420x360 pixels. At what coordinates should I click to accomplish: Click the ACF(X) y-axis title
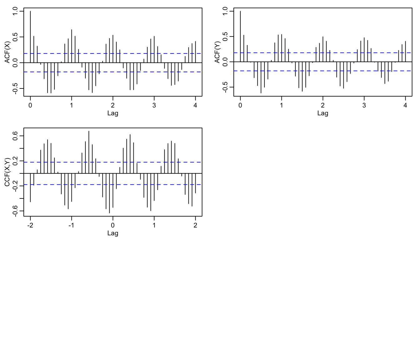tap(7, 52)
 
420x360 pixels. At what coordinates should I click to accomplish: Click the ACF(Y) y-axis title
tap(217, 52)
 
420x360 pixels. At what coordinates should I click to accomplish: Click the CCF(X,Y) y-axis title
tap(7, 172)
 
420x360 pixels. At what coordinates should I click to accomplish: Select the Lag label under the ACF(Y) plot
tap(323, 113)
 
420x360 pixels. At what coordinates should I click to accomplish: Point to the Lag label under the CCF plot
tap(113, 233)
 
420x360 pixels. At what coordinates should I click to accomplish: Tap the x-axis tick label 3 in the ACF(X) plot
tap(154, 105)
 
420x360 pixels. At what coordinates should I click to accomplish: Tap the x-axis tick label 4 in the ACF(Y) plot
tap(405, 105)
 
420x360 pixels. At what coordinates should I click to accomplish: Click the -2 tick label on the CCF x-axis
tap(30, 225)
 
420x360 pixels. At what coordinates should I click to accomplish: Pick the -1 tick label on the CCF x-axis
tap(72, 225)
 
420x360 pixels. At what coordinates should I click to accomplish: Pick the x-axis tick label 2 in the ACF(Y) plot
tap(323, 105)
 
